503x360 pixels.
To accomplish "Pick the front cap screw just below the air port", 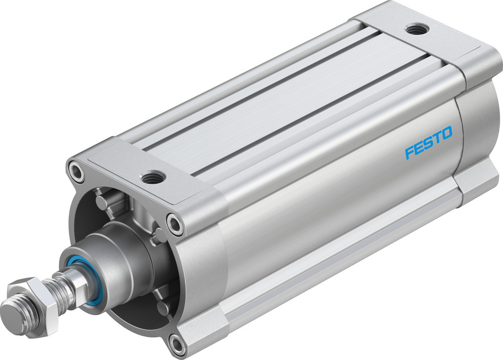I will (x=175, y=223).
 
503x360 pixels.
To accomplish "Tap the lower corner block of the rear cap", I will (x=478, y=181).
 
